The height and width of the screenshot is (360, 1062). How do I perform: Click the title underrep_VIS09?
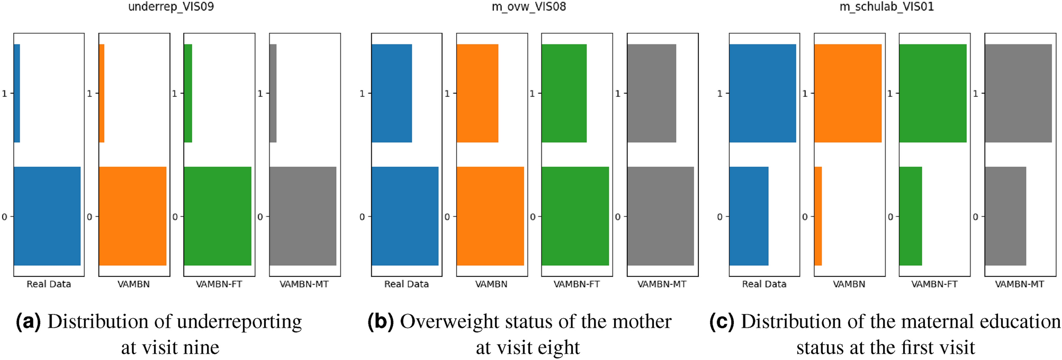pos(171,7)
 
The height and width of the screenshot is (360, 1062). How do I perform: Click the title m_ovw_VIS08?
pos(528,7)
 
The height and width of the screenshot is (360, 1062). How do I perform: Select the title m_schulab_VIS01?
pos(886,7)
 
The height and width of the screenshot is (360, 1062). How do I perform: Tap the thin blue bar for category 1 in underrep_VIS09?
pos(17,93)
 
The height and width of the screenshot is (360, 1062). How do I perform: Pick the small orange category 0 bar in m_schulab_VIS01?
pos(818,216)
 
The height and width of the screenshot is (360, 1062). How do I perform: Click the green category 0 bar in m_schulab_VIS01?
pos(911,216)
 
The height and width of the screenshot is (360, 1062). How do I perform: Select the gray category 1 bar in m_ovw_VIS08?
pos(652,93)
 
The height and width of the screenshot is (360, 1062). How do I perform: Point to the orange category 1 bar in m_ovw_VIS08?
pos(478,93)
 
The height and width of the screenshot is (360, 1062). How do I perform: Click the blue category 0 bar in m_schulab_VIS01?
pos(749,216)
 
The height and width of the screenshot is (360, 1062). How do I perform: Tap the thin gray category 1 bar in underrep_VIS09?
pos(273,93)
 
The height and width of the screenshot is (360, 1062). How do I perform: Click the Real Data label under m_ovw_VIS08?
pos(406,284)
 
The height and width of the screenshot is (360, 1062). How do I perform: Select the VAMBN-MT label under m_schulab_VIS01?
pos(1019,284)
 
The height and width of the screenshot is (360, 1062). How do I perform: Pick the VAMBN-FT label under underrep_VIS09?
pos(219,284)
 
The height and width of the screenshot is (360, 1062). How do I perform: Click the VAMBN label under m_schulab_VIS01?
pos(849,284)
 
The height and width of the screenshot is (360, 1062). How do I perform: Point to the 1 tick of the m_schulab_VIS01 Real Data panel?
pos(719,94)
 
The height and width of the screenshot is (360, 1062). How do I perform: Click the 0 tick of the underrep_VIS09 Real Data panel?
pos(4,217)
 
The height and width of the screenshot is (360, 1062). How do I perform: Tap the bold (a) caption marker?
pos(28,322)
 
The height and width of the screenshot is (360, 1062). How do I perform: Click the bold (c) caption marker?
pos(722,322)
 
